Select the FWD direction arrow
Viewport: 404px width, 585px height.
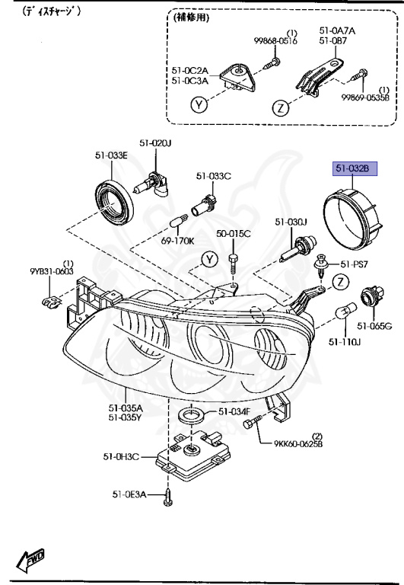tap(30, 559)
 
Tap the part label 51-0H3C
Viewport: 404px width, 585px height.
tap(121, 456)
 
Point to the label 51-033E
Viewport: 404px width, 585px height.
tap(111, 155)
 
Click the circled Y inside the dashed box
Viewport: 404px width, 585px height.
tap(199, 105)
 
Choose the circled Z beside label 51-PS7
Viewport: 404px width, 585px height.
tap(341, 282)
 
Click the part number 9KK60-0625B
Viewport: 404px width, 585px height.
tap(298, 443)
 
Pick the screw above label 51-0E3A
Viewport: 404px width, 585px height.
tap(167, 497)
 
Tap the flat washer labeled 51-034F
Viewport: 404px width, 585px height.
tap(191, 415)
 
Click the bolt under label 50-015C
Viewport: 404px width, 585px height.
tap(233, 264)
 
